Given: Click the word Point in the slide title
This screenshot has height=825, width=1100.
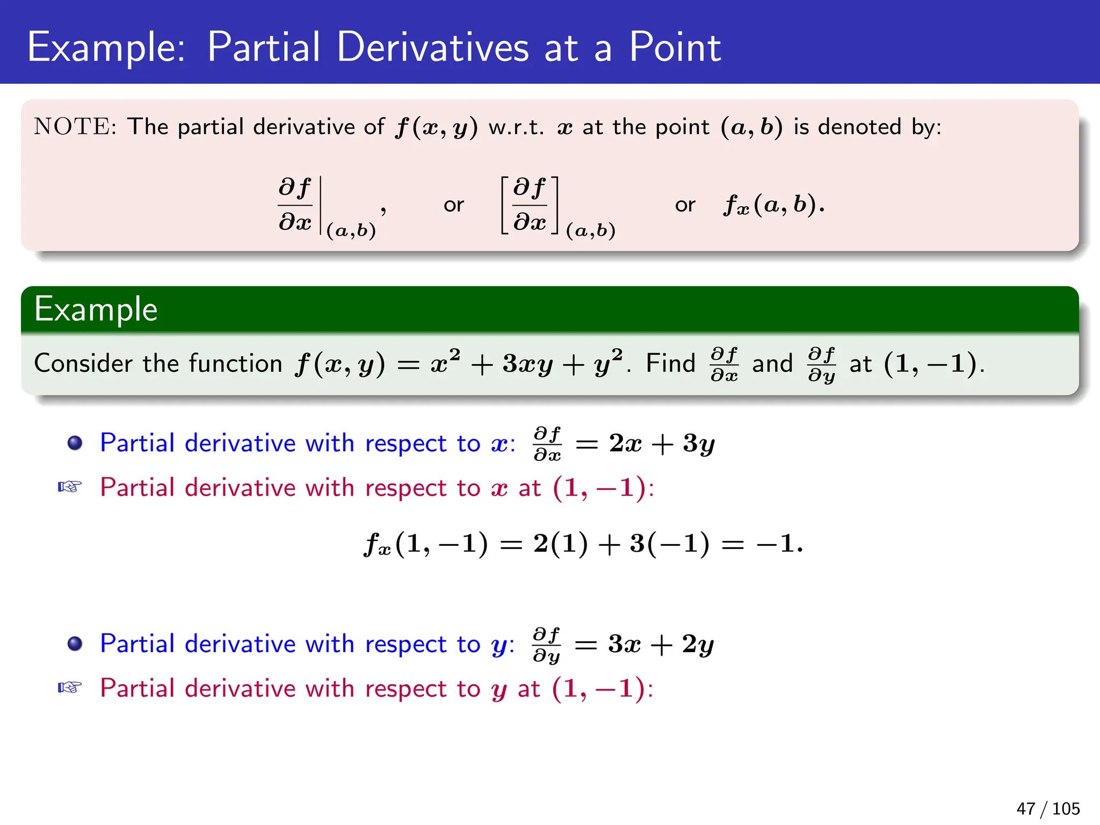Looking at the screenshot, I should tap(675, 47).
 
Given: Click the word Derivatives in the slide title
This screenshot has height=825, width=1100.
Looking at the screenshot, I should tap(432, 47).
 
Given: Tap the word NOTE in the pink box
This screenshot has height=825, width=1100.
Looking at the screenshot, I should tap(73, 127).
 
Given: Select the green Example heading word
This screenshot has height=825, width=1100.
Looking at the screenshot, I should tap(96, 309).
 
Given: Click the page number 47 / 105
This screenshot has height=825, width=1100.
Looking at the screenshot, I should tap(1047, 808).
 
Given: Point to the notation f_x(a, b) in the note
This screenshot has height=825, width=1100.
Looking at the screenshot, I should tap(773, 205).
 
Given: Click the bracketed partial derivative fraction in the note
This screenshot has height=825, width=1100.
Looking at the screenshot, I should tap(530, 205).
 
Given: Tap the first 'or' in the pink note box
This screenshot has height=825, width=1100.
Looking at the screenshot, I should tap(453, 205).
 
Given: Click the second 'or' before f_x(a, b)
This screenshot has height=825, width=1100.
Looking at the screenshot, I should tap(685, 205).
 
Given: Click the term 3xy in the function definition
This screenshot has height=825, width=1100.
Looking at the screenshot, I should tap(527, 364).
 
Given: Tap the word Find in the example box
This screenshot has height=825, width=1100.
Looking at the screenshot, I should tap(670, 364).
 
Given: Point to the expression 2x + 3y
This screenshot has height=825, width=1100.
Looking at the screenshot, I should tap(662, 444).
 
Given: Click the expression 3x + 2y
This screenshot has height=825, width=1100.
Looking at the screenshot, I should tap(661, 644).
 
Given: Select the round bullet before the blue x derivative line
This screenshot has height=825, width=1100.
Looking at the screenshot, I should tap(75, 443).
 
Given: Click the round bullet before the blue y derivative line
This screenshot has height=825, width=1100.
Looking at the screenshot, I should tap(75, 643).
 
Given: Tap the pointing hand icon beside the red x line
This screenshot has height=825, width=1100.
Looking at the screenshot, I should tap(70, 487).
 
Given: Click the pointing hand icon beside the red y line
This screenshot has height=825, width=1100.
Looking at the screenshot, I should tap(70, 687).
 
